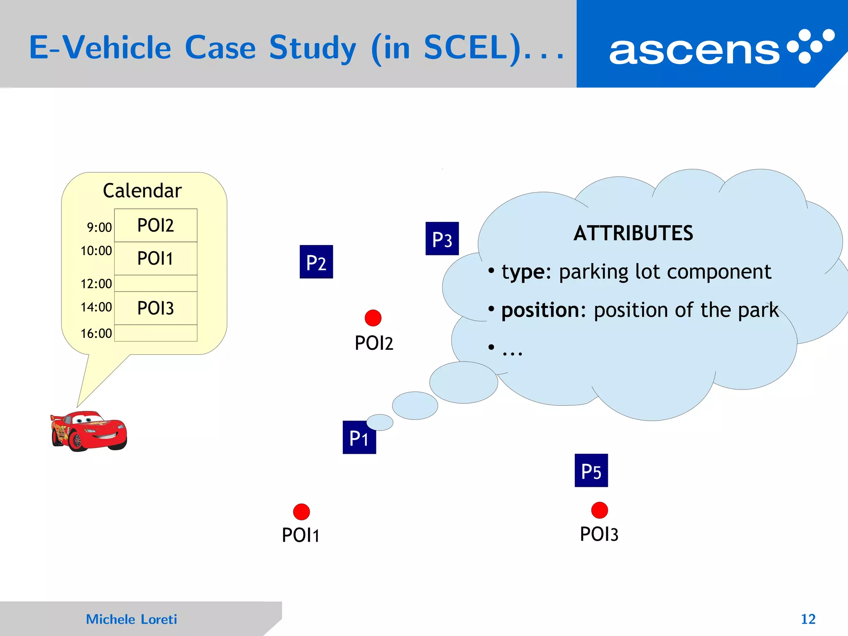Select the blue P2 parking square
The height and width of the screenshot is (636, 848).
click(316, 262)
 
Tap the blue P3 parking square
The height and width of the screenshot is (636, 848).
click(442, 238)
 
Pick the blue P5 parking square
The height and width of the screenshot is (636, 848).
click(591, 470)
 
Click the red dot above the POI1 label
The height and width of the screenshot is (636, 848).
click(301, 512)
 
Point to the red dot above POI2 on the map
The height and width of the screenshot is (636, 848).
click(373, 318)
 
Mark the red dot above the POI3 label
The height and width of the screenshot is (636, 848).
click(599, 510)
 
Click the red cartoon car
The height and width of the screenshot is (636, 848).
click(89, 431)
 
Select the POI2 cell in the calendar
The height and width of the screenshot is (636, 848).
click(156, 226)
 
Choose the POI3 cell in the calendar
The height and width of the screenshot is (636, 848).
click(156, 308)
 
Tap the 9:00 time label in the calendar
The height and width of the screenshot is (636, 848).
click(99, 227)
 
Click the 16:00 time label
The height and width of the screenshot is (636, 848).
click(96, 333)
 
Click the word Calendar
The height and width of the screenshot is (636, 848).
click(142, 191)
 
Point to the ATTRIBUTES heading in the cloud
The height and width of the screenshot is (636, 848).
click(633, 233)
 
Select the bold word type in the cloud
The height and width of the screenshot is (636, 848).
click(523, 272)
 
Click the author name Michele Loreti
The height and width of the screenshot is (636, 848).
click(131, 619)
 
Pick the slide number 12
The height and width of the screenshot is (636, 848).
click(808, 619)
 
